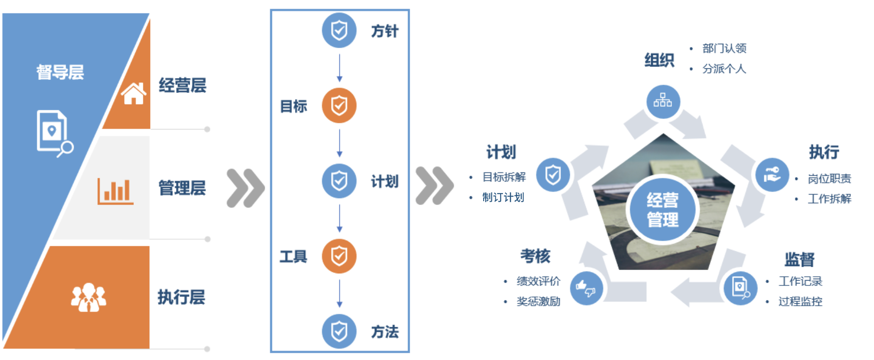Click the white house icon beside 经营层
134,93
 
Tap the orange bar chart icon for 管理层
116,191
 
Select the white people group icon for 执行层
89,297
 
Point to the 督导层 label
60,72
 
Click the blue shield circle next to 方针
339,30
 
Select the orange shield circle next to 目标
339,105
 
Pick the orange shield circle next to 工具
339,256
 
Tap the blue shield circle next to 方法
339,331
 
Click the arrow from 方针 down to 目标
339,68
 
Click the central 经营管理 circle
663,209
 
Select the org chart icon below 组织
663,102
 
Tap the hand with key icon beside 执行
772,175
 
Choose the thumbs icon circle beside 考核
586,288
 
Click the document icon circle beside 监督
741,288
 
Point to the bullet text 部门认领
724,48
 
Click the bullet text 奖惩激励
539,301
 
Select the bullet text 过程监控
800,301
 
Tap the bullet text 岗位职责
830,179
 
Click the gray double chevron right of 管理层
245,188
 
